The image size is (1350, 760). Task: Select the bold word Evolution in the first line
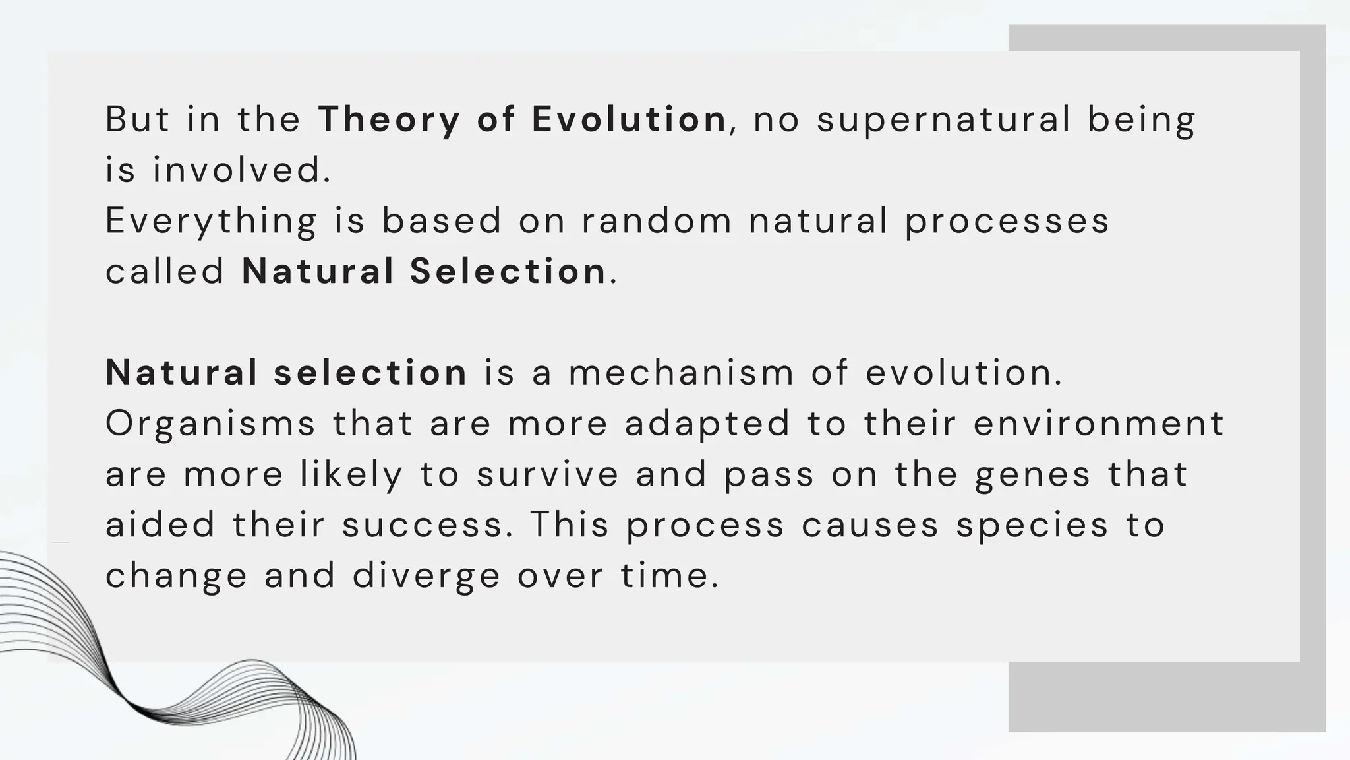point(629,119)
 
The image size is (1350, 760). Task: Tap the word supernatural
point(943,120)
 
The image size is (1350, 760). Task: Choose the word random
point(657,220)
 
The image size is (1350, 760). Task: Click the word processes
point(1007,221)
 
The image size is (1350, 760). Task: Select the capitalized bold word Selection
point(508,271)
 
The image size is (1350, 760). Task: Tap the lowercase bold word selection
point(370,372)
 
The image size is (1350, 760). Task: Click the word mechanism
point(681,372)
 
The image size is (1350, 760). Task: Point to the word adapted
point(707,424)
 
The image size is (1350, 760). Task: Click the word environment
point(1098,423)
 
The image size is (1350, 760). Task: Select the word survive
point(548,474)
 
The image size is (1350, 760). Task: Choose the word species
point(1033,526)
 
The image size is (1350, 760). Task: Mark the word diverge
point(426,576)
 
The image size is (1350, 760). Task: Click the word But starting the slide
point(137,119)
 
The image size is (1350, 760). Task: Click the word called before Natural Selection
point(165,271)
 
